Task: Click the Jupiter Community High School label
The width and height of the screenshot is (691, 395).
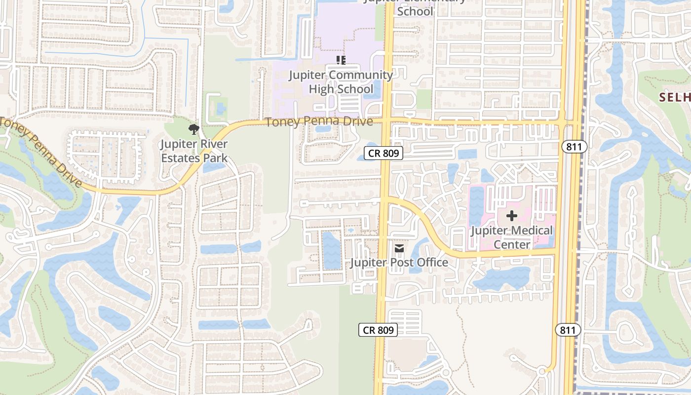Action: (341, 82)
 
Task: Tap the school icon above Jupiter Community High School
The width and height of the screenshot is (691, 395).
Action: (341, 60)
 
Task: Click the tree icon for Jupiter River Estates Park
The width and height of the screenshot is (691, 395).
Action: (193, 130)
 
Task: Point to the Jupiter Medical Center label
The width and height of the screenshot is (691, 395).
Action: (512, 237)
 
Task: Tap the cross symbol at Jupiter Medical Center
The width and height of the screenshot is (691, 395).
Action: (512, 216)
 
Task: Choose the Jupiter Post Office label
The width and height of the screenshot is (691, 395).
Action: (399, 262)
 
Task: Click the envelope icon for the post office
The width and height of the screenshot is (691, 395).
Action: (399, 248)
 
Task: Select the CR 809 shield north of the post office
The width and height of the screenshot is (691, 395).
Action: (384, 153)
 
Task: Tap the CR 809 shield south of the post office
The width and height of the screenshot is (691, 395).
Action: (378, 330)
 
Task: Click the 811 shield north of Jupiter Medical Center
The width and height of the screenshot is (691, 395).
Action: (574, 146)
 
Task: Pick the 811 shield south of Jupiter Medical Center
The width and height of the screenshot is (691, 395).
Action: (568, 330)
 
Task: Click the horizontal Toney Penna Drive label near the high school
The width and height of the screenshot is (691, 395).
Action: (319, 121)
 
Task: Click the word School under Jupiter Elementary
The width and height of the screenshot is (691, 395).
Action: (415, 11)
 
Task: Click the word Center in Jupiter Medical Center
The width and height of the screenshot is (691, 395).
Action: (511, 244)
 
